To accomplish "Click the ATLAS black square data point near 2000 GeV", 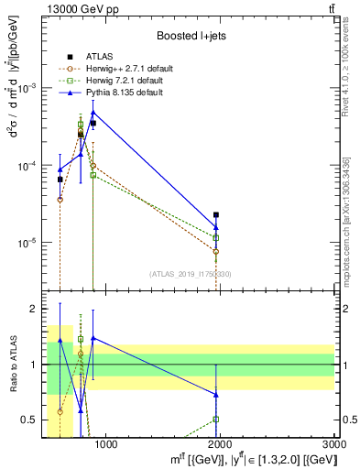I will click(x=216, y=214).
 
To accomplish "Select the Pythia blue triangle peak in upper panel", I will click(x=93, y=113).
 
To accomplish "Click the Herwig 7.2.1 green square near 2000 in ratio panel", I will click(x=216, y=420).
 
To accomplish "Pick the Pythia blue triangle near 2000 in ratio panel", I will click(x=216, y=395).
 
